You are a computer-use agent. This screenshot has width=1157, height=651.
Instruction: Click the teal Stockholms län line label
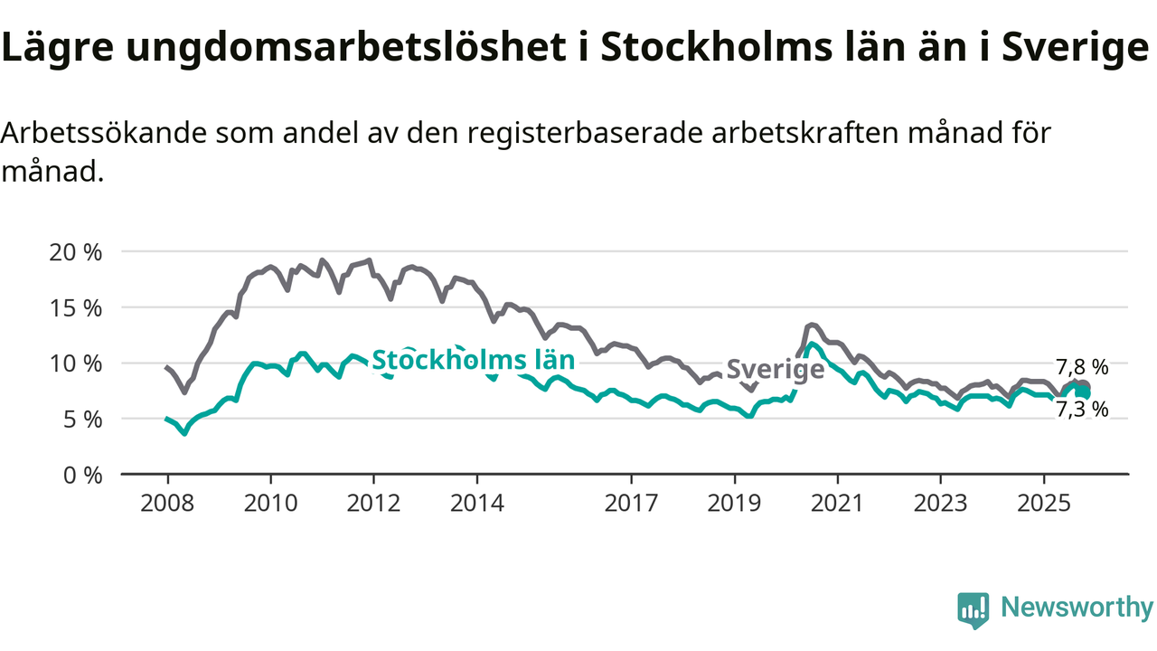point(474,360)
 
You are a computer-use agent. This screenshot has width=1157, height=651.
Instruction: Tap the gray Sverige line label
point(776,369)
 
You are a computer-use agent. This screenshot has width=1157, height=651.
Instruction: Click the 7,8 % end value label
point(1082,367)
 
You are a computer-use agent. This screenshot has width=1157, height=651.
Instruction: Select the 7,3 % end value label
point(1082,410)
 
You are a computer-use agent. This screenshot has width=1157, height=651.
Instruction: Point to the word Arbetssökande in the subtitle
point(104,133)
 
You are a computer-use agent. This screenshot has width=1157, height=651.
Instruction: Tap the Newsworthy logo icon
point(974,609)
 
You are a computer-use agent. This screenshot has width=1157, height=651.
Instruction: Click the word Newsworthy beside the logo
point(1076,608)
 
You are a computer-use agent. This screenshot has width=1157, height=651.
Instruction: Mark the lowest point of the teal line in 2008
point(184,433)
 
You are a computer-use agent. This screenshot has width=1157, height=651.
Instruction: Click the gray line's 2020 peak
point(811,325)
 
